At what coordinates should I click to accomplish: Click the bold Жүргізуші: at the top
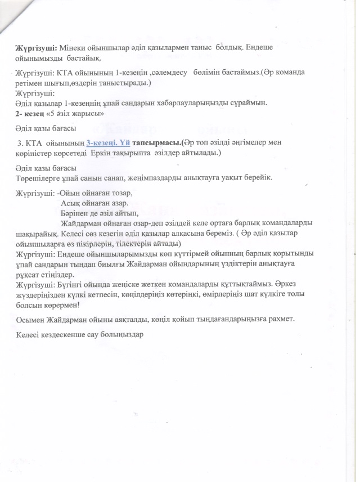pyautogui.click(x=33, y=48)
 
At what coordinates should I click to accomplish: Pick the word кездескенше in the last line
pyautogui.click(x=70, y=334)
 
